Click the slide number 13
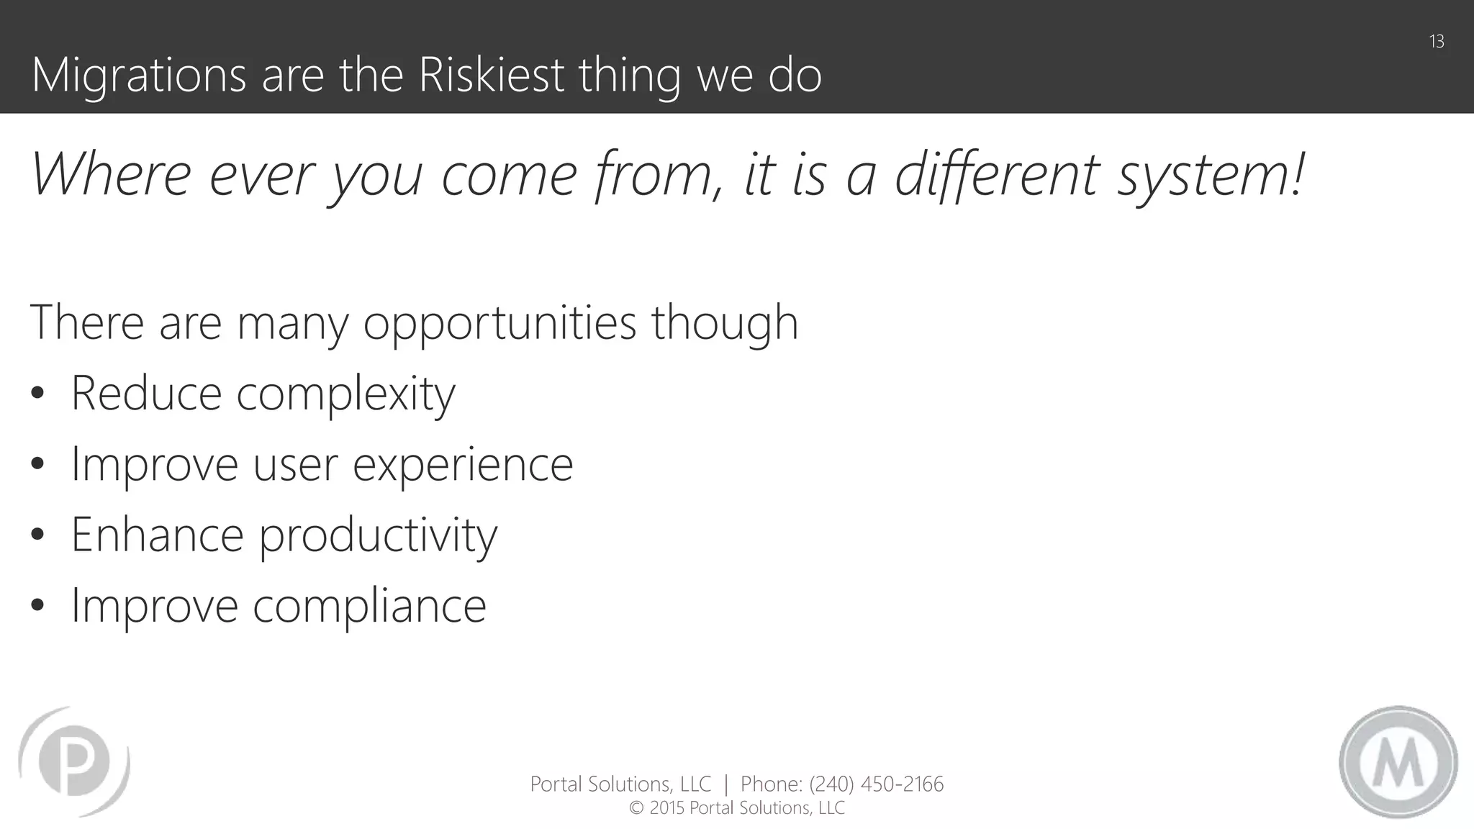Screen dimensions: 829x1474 click(1437, 42)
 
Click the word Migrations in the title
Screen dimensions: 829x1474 click(139, 76)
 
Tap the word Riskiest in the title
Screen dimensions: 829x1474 click(491, 75)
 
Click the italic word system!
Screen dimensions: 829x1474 click(1210, 176)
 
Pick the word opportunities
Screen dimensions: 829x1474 click(499, 323)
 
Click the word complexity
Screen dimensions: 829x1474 click(345, 395)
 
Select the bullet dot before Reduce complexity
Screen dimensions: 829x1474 click(38, 394)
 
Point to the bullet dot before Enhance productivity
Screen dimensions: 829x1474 click(38, 535)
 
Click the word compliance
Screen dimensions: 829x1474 click(369, 605)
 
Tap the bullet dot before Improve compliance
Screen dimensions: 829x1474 click(38, 605)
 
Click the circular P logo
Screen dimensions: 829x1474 click(74, 761)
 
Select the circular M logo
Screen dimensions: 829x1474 click(1398, 761)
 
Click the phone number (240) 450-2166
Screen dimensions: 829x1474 click(876, 784)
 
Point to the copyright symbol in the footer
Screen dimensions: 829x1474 click(636, 808)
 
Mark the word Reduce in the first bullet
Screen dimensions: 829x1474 click(146, 394)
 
